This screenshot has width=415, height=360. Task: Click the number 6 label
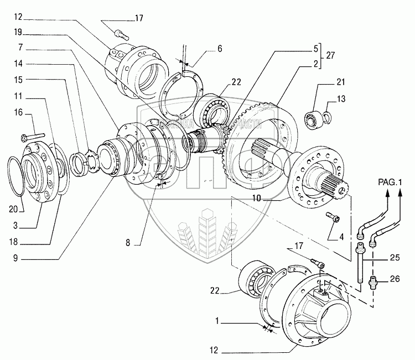coord(220,49)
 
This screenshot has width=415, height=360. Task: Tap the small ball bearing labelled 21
coord(313,117)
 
